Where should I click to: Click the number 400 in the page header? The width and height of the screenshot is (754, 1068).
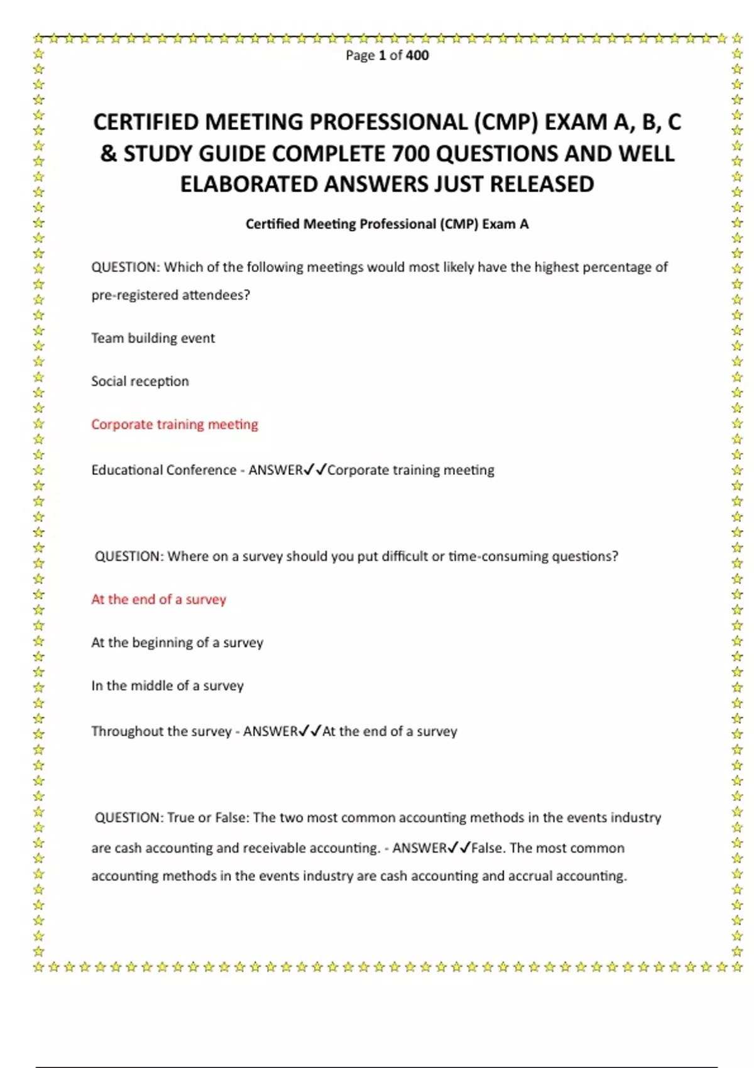point(417,55)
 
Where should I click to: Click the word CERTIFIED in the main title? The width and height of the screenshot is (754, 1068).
point(146,122)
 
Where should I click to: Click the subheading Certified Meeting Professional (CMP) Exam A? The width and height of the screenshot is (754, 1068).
point(387,224)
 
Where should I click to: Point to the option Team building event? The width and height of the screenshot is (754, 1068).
point(153,338)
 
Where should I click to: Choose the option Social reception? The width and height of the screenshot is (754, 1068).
point(139,381)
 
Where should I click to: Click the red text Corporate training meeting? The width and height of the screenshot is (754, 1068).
point(174,425)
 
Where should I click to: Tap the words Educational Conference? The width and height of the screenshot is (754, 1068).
point(163,471)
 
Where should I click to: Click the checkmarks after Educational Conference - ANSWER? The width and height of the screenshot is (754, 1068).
point(315,470)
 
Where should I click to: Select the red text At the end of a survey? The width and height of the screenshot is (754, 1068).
point(158,599)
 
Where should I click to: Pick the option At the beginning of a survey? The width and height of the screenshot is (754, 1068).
point(177,643)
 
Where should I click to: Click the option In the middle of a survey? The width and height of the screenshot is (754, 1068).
point(167,686)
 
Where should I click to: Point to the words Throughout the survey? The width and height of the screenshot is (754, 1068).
point(161,731)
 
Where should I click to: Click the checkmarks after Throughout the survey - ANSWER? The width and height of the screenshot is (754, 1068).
point(310,731)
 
